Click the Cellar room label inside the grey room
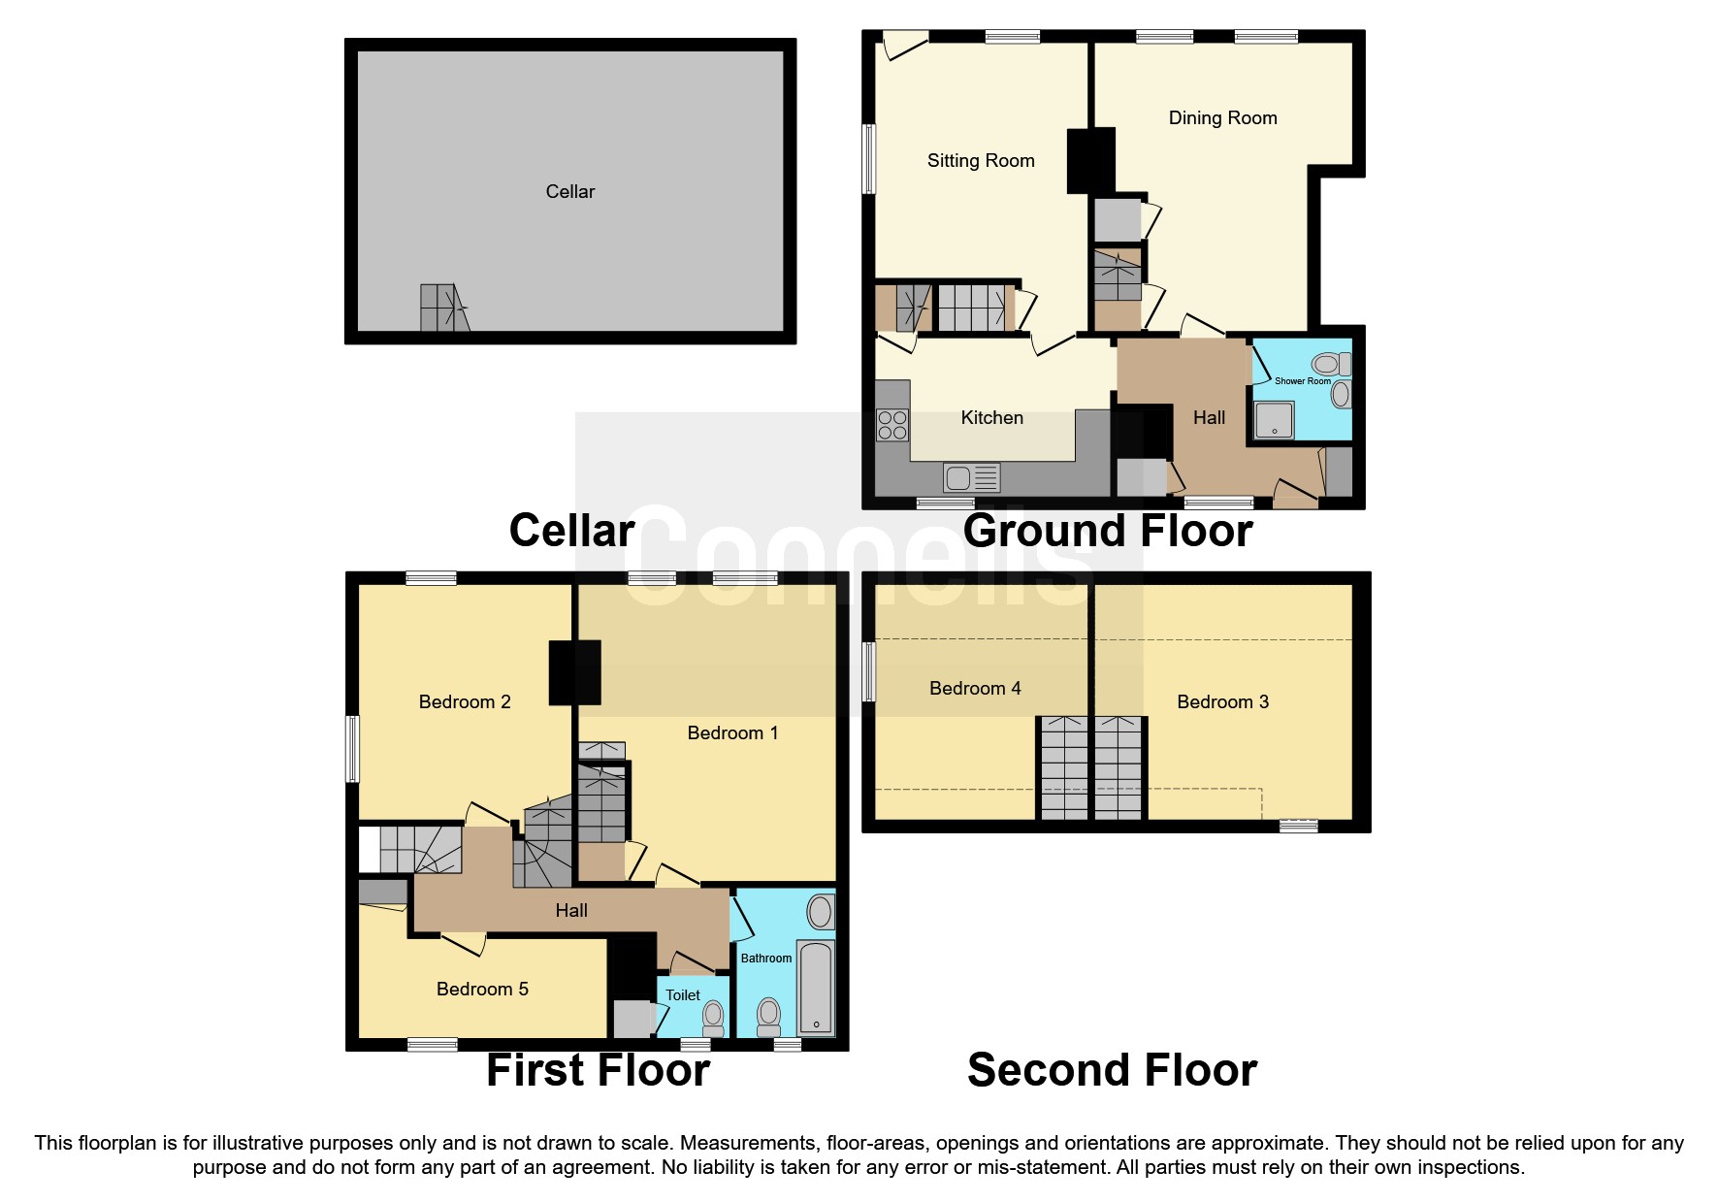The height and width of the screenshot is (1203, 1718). [570, 191]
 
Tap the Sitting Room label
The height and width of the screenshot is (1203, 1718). [981, 161]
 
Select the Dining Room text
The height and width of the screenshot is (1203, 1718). [1222, 118]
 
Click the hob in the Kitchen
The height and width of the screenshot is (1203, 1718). [892, 425]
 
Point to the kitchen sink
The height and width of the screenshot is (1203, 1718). [971, 478]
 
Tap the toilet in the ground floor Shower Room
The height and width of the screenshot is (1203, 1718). [1328, 365]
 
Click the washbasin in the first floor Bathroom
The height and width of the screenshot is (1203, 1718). [820, 912]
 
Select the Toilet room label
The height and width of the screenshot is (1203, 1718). [683, 995]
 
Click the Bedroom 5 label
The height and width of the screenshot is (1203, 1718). [482, 990]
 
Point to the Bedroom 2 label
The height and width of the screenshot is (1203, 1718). [465, 702]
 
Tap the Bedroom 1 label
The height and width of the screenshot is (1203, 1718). [732, 733]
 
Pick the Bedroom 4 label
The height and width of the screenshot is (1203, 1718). [975, 689]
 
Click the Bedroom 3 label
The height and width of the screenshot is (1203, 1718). [1222, 702]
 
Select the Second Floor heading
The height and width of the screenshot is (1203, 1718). [1112, 1070]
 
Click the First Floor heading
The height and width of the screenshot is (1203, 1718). [598, 1070]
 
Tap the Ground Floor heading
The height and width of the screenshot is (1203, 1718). [1108, 531]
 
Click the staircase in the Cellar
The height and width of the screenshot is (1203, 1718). [444, 308]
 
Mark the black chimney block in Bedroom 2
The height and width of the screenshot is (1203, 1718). [575, 671]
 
